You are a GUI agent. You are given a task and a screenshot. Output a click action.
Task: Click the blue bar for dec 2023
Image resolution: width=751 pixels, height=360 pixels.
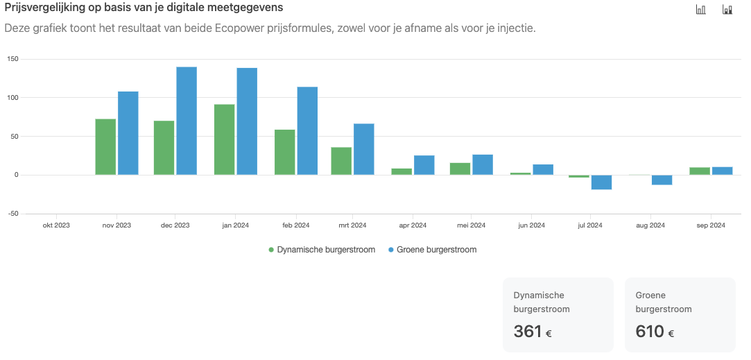[x=187, y=121]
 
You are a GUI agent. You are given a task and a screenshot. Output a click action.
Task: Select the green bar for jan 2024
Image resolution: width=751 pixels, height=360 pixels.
[x=225, y=139]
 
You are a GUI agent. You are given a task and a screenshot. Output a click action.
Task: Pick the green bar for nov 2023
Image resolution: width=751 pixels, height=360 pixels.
[x=105, y=146]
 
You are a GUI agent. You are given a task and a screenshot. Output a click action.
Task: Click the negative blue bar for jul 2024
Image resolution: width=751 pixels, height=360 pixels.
[x=602, y=182]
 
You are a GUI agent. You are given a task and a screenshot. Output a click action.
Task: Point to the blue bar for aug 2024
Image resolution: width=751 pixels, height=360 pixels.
[x=662, y=180]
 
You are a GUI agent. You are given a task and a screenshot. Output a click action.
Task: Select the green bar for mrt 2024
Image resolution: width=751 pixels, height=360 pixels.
[x=341, y=161]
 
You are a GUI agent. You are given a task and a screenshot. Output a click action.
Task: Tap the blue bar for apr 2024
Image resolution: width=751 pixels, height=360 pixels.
[x=424, y=165]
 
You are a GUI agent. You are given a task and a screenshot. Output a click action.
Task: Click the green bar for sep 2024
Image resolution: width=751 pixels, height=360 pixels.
[x=700, y=171]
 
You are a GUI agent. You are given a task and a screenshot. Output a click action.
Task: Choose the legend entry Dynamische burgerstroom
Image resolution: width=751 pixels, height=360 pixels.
[x=321, y=250]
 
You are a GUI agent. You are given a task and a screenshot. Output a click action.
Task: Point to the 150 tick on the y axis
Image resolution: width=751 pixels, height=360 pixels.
[x=12, y=59]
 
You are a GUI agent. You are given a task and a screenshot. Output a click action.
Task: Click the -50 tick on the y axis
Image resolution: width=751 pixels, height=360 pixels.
[x=12, y=214]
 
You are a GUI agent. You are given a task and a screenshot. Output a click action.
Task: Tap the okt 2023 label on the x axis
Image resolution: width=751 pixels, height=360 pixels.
[x=56, y=225]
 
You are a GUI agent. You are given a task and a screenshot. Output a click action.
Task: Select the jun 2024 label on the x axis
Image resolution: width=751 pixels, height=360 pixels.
[x=533, y=225]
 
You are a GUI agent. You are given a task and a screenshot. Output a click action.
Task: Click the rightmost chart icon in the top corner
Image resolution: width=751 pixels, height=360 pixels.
[x=727, y=9]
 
